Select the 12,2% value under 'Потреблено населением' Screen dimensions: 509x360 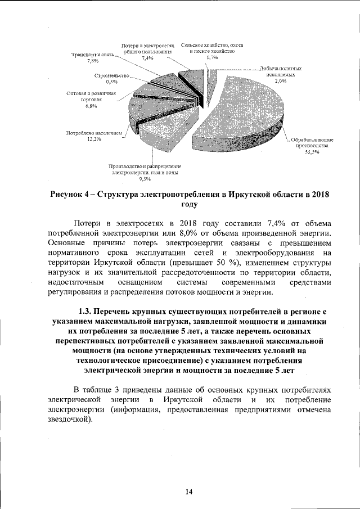pyautogui.click(x=93, y=139)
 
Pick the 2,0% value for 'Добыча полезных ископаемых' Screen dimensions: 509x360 pyautogui.click(x=280, y=81)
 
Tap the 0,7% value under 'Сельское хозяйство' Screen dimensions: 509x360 pyautogui.click(x=212, y=57)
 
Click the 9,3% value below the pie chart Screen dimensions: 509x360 pyautogui.click(x=145, y=179)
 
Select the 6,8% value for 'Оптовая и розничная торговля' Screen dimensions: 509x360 pyautogui.click(x=91, y=105)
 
